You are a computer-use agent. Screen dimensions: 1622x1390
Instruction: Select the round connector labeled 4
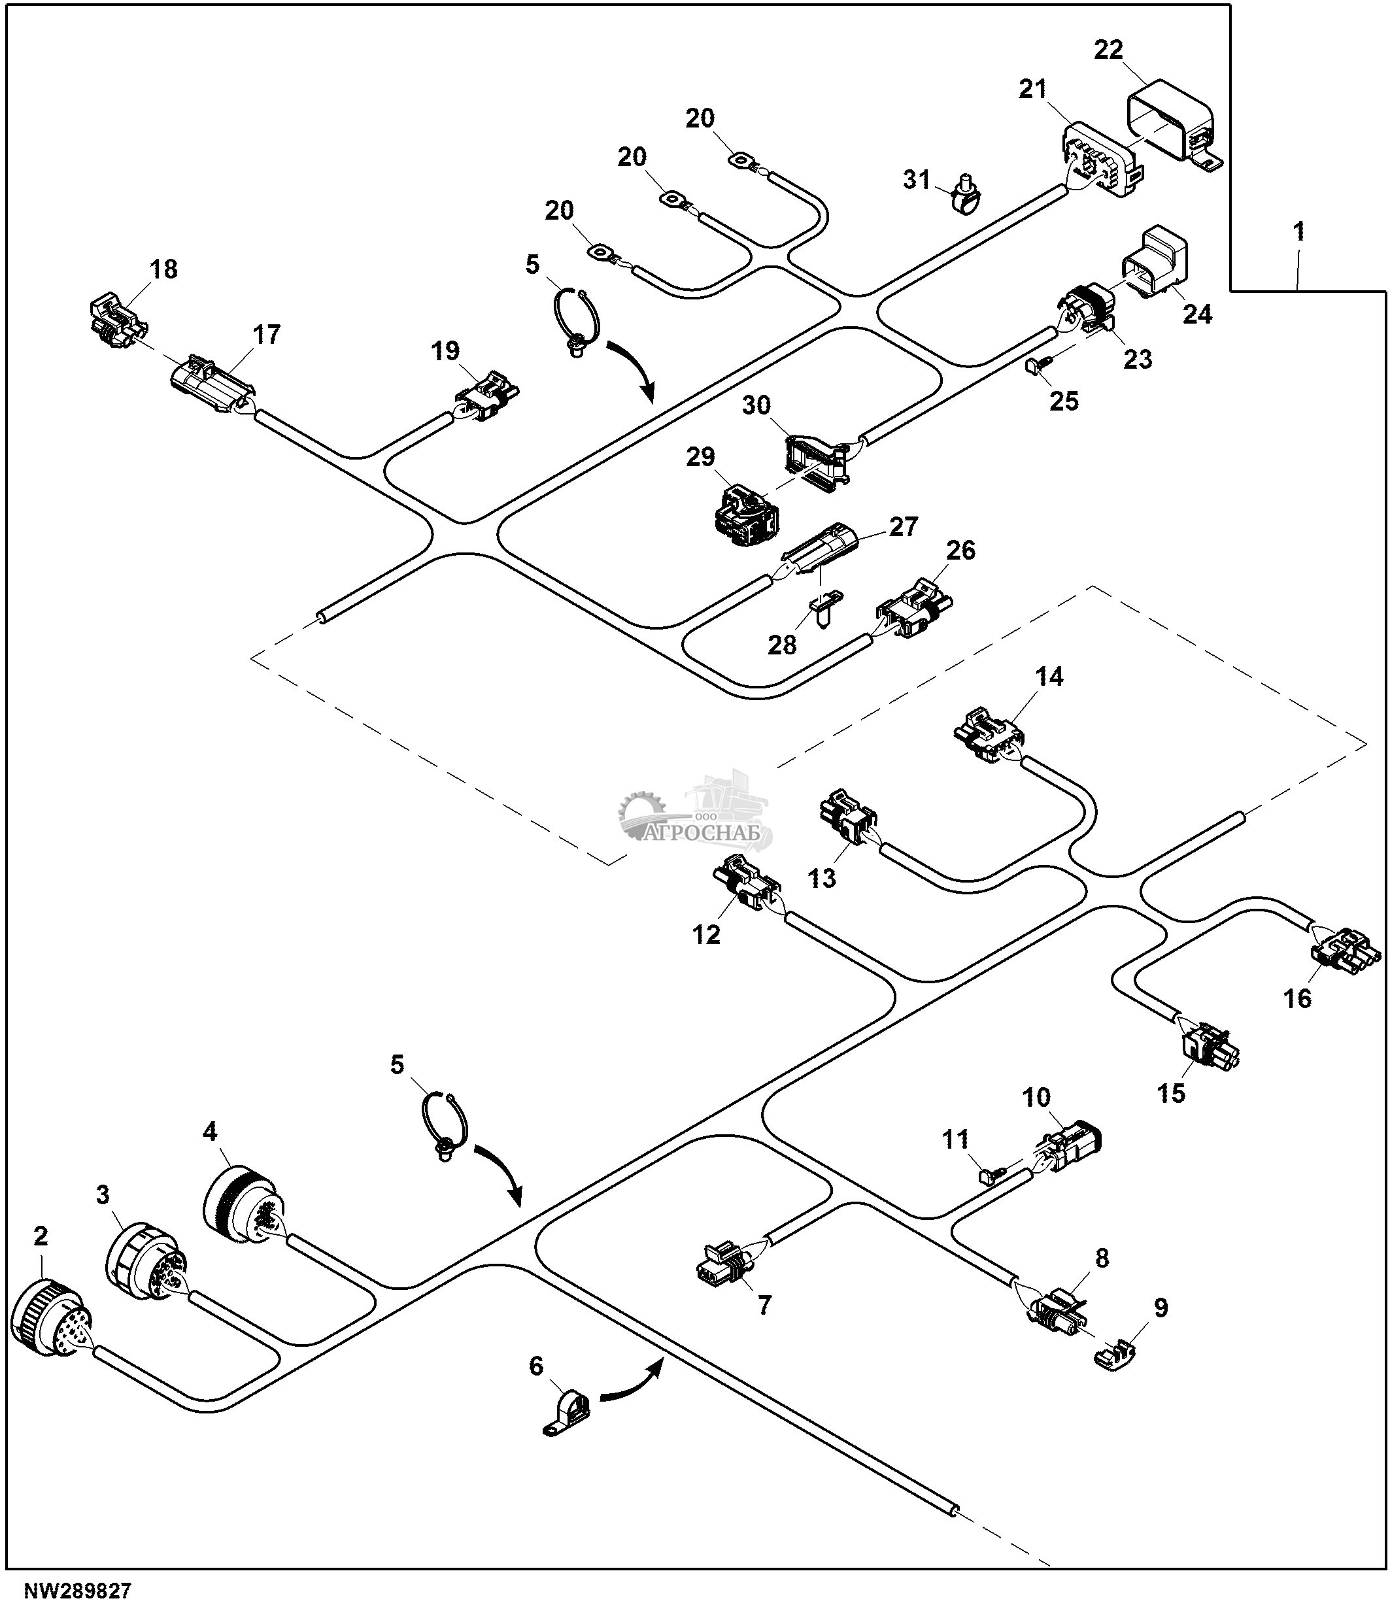tap(243, 1206)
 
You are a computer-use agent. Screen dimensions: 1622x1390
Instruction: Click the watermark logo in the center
tap(695, 819)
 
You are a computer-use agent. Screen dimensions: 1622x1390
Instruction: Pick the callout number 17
tap(266, 335)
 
